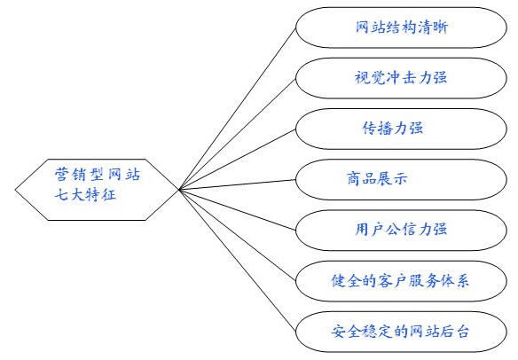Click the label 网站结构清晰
pos(402,27)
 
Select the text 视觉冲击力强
pos(401,78)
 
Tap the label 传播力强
pos(393,129)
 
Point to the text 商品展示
pos(377,179)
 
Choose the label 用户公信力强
pos(401,229)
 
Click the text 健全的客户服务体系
pos(400,281)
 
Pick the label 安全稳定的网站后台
pos(400,332)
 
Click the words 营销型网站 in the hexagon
pos(98,174)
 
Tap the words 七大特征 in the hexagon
pos(85,194)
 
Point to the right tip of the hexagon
pos(178,190)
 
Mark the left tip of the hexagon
pos(15,190)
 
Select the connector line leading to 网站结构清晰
pos(237,109)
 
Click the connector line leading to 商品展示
pos(237,184)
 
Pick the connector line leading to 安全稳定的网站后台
pos(237,261)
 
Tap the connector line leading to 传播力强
pos(237,160)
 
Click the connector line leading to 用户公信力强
pos(237,210)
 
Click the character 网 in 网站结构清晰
pos(363,27)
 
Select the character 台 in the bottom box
pos(462,332)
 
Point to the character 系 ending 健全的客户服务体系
pos(462,281)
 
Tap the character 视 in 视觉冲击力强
pos(361,78)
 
